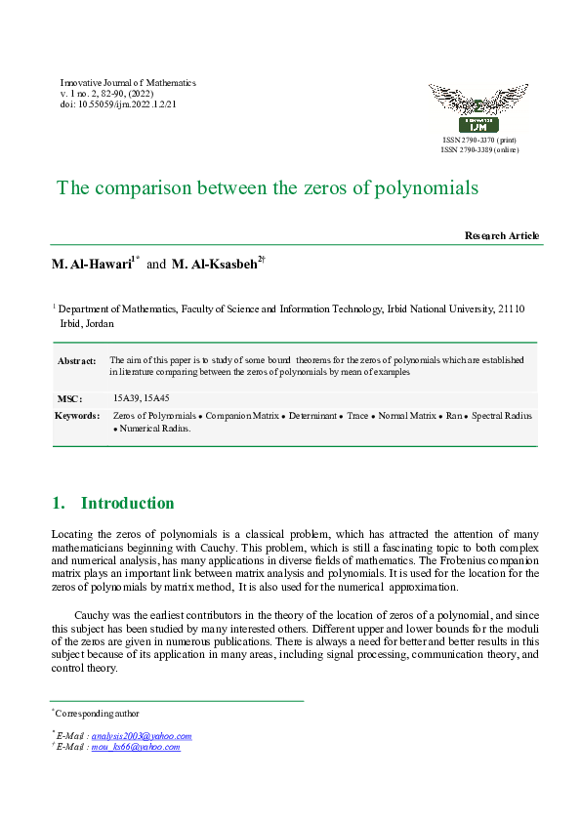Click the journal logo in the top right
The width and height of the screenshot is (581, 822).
point(478,108)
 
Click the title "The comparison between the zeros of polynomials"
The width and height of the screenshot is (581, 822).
point(268,187)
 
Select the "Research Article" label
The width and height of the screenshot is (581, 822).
point(502,236)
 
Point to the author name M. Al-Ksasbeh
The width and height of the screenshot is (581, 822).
point(214,265)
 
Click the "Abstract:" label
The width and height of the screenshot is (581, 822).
point(77,361)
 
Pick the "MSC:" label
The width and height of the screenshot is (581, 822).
point(68,398)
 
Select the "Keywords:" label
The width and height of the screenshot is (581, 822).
point(78,416)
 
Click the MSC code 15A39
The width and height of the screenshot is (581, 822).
point(126,398)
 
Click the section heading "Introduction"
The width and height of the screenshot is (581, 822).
point(127,504)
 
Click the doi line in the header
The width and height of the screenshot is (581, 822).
point(118,104)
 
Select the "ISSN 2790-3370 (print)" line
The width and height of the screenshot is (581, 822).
point(479,142)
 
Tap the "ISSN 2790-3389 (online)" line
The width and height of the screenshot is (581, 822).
point(479,150)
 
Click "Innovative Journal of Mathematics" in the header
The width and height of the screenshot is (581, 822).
point(128,83)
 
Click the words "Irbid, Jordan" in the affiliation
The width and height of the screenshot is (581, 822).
point(87,323)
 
